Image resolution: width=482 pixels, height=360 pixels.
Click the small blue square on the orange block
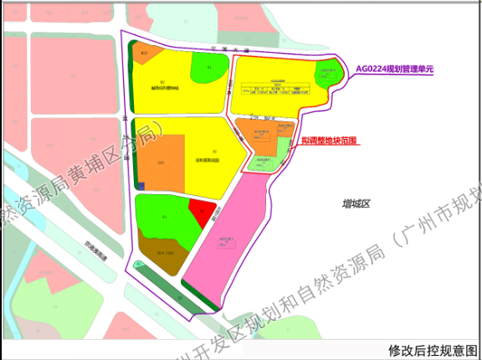[142, 186]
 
